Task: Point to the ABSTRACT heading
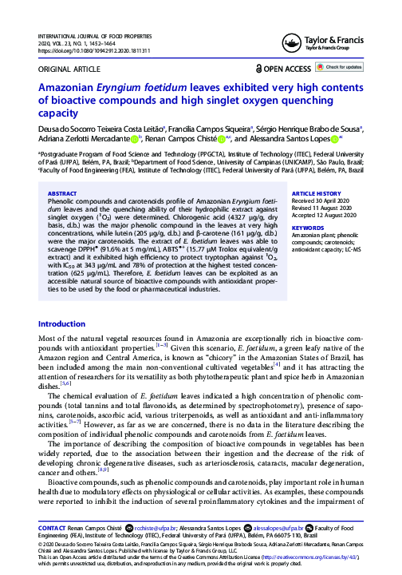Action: tap(63, 193)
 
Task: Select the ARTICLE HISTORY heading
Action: tap(317, 194)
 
